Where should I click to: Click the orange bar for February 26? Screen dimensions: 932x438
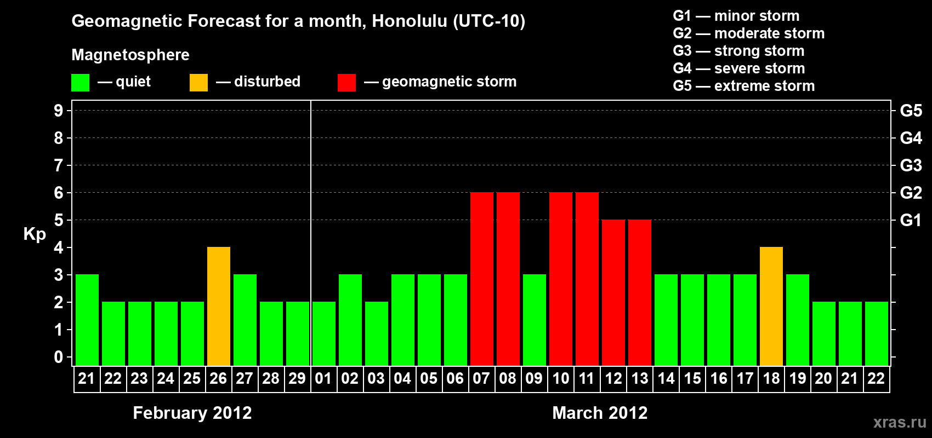coord(218,306)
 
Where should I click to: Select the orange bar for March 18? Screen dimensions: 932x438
coord(771,306)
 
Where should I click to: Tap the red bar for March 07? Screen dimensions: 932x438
coord(482,279)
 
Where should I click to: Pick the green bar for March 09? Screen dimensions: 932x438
coord(534,320)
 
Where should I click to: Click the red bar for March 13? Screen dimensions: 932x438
coord(639,292)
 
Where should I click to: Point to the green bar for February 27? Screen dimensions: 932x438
coord(245,320)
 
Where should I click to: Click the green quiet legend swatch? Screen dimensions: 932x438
coord(80,82)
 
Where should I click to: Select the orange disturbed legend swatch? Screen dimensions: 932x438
coord(198,82)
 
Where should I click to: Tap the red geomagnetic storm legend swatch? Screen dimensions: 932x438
coord(346,82)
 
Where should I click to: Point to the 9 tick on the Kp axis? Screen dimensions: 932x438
coord(58,111)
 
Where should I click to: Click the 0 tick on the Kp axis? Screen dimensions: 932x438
coord(58,358)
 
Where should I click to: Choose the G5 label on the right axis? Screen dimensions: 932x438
coord(911,111)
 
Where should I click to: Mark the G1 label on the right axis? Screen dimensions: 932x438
coord(911,220)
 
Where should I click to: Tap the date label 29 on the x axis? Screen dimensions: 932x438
coord(297,378)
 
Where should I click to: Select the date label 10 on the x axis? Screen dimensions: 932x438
coord(560,378)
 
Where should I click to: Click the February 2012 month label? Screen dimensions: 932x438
coord(192,413)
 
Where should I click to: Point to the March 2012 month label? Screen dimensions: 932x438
coord(600,413)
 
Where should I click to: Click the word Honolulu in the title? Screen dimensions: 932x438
coord(410,21)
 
